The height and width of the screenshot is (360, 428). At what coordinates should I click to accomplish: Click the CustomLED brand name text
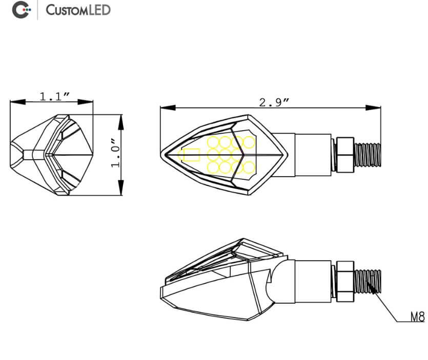[x=78, y=10]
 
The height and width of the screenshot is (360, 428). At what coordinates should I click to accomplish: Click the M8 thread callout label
[x=418, y=317]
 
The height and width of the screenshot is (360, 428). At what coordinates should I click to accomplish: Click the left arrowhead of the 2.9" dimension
[x=165, y=108]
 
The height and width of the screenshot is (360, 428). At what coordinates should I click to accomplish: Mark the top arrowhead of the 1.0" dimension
[x=121, y=119]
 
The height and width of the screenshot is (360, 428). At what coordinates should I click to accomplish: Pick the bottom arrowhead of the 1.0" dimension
[x=121, y=191]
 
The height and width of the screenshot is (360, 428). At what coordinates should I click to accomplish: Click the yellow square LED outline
[x=192, y=155]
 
